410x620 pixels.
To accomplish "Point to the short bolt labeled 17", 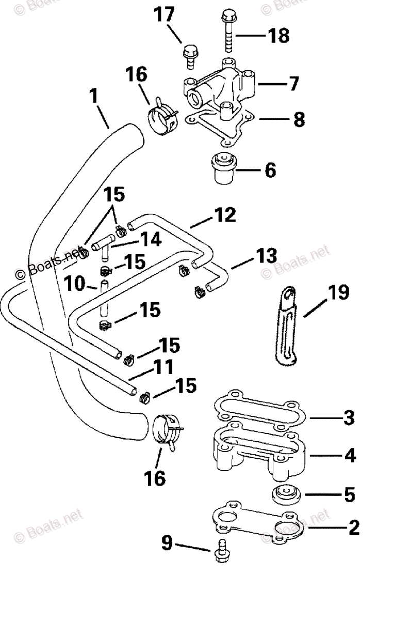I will (189, 56).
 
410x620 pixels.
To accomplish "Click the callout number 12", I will (225, 214).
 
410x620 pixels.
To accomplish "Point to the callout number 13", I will (266, 256).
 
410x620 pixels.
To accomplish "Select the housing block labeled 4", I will (258, 450).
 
